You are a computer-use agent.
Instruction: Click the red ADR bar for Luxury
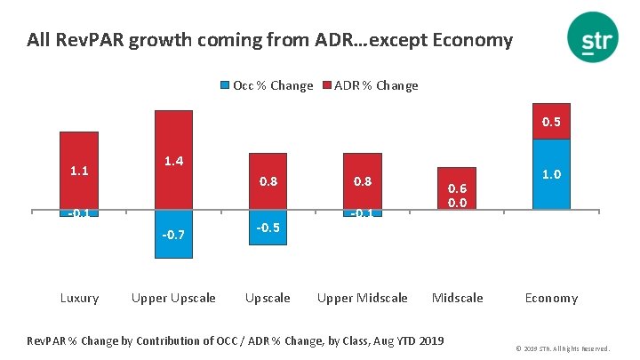[x=79, y=170]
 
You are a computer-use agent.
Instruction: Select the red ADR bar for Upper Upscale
[x=173, y=160]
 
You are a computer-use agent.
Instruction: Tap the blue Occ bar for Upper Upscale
[x=173, y=234]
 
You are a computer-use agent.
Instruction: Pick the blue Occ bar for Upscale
[x=268, y=228]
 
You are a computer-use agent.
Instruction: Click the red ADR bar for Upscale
[x=268, y=181]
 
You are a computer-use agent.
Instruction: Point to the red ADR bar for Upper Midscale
[x=362, y=181]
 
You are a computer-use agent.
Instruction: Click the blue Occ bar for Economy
[x=551, y=174]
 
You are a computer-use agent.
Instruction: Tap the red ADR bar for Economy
[x=551, y=121]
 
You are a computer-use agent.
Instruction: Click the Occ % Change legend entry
[x=267, y=85]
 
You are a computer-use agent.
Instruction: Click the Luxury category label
[x=79, y=298]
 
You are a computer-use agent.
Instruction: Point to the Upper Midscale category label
[x=362, y=298]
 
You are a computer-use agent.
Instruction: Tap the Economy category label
[x=551, y=298]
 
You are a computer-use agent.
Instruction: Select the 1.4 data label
[x=173, y=161]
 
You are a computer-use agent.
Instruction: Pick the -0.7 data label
[x=173, y=235]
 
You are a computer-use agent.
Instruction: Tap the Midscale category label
[x=457, y=298]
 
